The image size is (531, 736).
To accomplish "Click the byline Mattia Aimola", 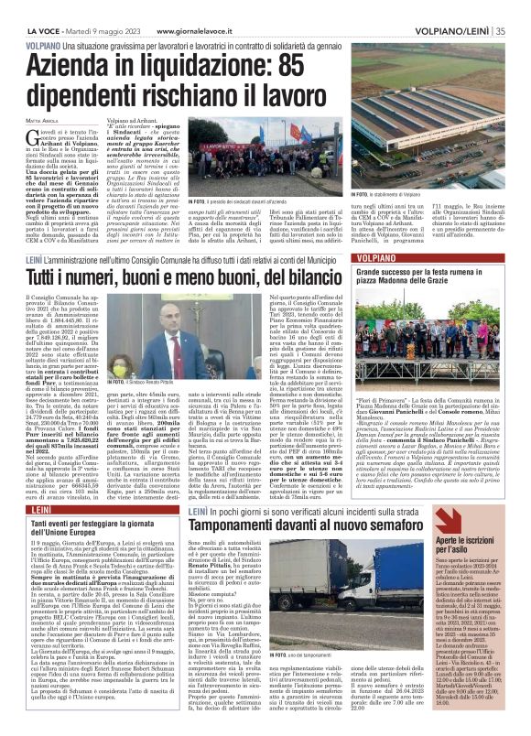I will [42, 121].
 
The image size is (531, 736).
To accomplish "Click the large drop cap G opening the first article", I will [44, 137].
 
